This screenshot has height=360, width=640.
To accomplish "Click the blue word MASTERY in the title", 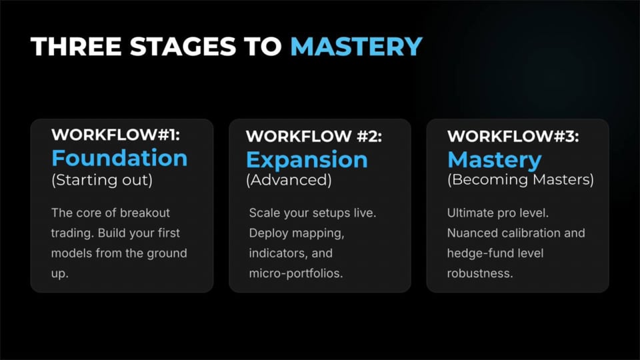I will point(356,46).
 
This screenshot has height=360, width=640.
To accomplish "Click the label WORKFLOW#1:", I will point(115,134).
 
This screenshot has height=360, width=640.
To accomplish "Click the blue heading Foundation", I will point(119,158).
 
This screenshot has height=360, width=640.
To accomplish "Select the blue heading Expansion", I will point(307,160).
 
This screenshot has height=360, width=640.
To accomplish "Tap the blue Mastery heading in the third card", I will point(494,160).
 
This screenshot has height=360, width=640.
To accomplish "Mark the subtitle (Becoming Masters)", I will point(520,181).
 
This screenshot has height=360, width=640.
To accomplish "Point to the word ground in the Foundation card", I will point(167,253).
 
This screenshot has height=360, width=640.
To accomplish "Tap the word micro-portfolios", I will point(295,273).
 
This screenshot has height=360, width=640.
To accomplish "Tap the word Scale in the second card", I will point(262,213).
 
